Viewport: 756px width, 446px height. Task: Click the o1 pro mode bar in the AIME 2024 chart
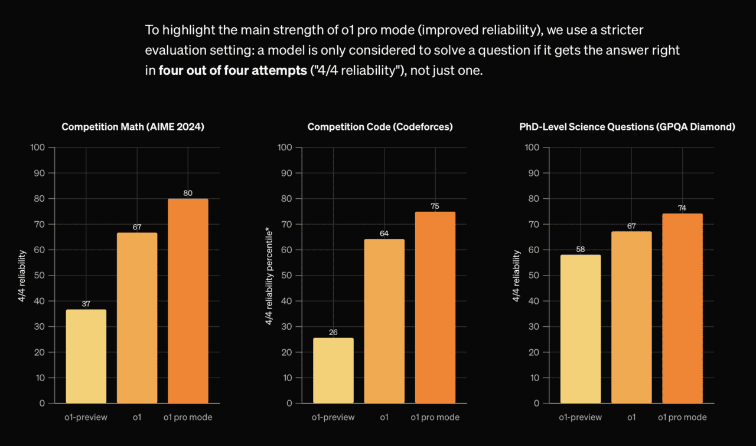187,301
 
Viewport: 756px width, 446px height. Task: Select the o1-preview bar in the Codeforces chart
333,370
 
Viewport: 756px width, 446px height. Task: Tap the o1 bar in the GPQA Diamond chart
631,317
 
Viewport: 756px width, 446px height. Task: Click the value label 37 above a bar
86,304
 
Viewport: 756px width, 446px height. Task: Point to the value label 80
188,193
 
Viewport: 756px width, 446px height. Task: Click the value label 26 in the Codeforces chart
333,332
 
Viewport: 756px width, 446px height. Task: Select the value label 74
682,208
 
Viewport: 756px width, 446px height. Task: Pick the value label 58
580,249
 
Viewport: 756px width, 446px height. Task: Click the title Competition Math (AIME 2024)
133,126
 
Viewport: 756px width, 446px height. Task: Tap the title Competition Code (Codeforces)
380,126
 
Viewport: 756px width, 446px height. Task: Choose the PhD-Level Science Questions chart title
627,126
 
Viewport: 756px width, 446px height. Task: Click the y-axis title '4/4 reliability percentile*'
269,275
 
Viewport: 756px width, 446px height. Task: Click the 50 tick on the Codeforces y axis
286,276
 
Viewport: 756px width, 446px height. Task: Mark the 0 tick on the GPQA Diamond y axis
536,404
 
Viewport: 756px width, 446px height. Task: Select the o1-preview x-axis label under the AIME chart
86,418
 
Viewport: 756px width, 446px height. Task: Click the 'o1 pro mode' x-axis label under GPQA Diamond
682,418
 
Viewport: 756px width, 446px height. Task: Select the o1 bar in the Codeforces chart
384,321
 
